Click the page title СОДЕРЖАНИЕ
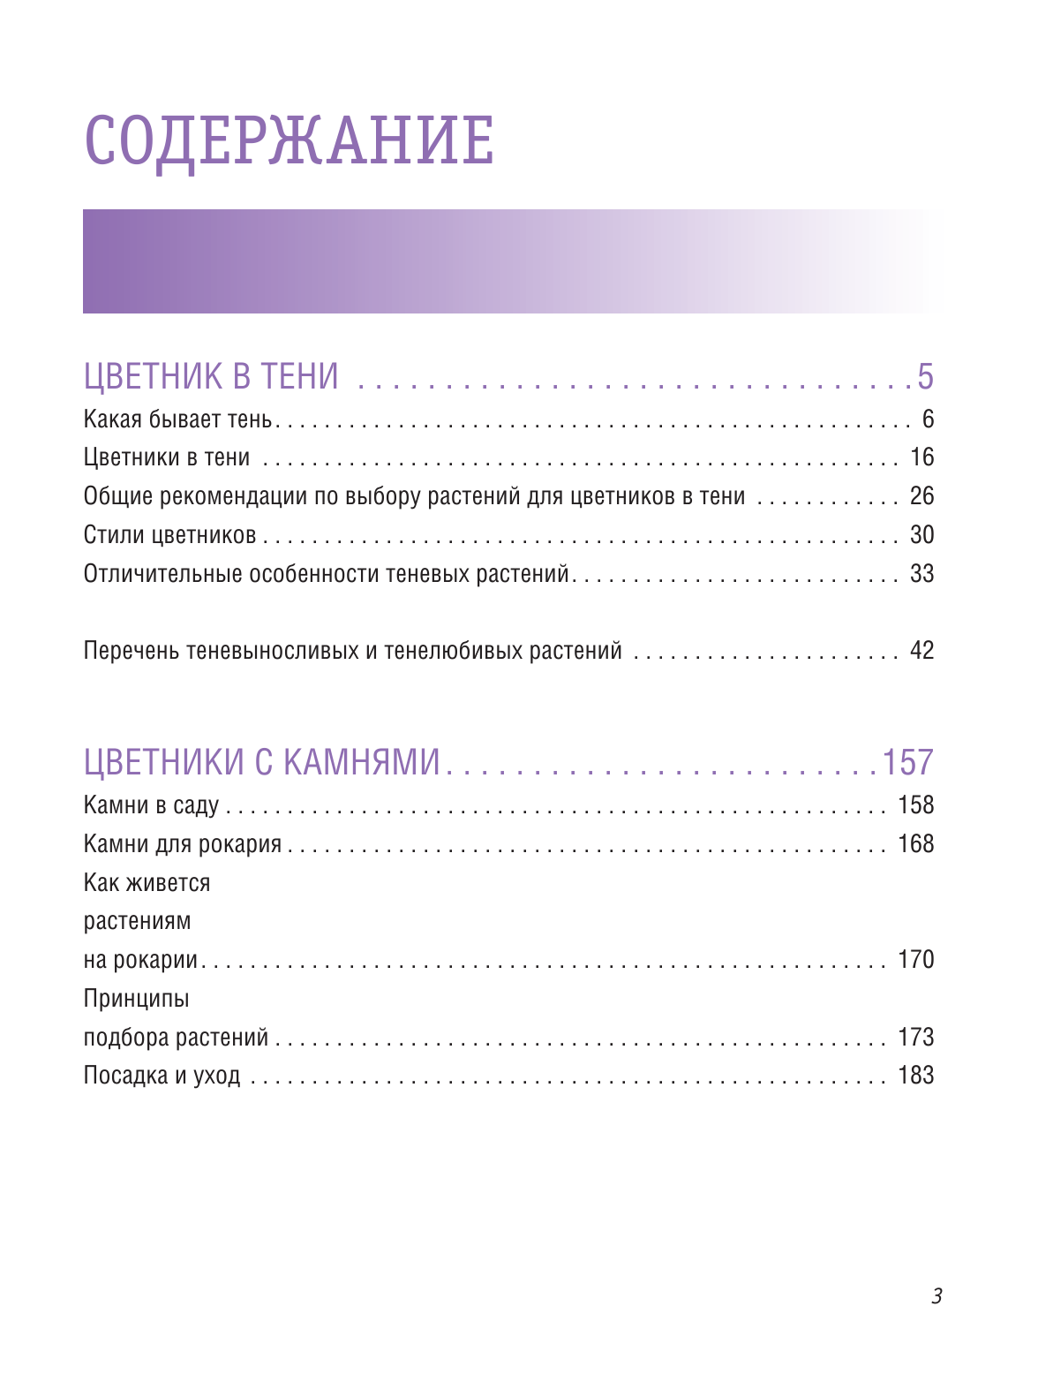[289, 140]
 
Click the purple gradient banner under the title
[512, 261]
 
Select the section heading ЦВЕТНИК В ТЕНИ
[211, 377]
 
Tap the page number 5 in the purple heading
[924, 377]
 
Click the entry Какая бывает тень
[177, 419]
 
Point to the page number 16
[921, 457]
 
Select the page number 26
[921, 496]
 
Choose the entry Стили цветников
[169, 535]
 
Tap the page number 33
[921, 574]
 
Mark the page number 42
[921, 651]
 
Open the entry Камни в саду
[151, 805]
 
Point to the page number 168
[915, 844]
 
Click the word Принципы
[136, 999]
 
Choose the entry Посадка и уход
[162, 1076]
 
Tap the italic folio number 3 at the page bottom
[936, 1296]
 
